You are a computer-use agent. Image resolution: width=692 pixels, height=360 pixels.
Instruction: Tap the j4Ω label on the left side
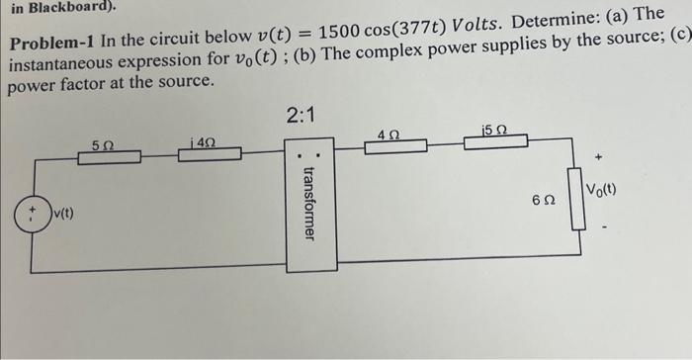tap(202, 144)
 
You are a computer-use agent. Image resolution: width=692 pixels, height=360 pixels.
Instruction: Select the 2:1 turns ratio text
tap(300, 116)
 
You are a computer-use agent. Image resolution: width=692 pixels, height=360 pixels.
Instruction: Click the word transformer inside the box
tap(307, 204)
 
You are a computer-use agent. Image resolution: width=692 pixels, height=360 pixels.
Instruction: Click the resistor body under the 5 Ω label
tap(109, 156)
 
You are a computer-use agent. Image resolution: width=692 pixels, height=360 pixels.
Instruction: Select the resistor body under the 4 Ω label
tap(395, 146)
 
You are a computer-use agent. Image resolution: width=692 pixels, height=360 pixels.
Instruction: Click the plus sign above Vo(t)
tap(597, 156)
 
